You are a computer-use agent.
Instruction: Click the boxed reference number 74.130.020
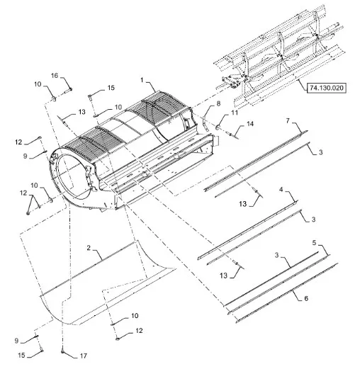(x=326, y=88)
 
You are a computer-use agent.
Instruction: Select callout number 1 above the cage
(x=142, y=80)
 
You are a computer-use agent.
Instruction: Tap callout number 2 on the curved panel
(x=89, y=248)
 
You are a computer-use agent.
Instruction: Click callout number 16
(x=55, y=76)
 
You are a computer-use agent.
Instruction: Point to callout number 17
(x=84, y=356)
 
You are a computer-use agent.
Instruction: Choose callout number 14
(x=250, y=124)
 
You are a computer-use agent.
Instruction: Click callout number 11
(x=235, y=113)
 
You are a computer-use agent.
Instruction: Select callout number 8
(x=218, y=103)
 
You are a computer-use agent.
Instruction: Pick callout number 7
(x=288, y=121)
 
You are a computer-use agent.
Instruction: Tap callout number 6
(x=306, y=298)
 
